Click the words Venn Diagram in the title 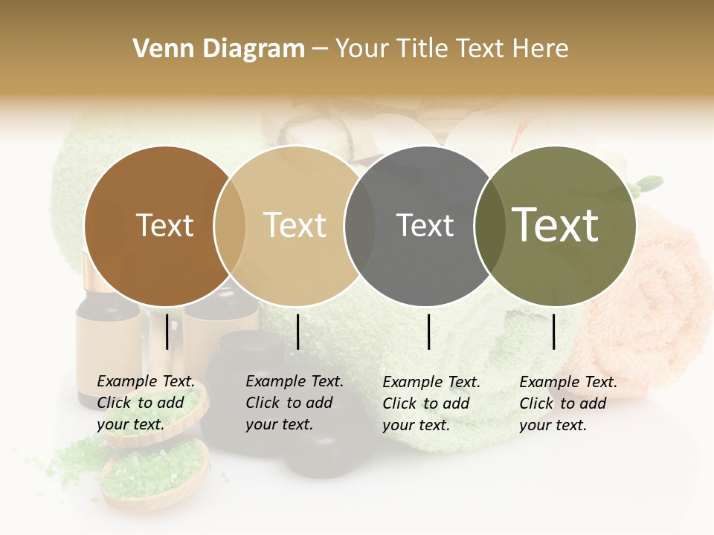click(219, 49)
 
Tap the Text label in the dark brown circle click(164, 225)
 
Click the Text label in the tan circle click(295, 225)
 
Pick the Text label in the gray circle click(425, 225)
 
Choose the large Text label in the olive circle click(555, 225)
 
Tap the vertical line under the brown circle click(167, 331)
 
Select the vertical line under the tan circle click(297, 331)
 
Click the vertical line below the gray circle click(429, 331)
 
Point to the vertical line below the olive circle click(554, 331)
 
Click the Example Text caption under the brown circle click(145, 403)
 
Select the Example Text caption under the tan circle click(294, 403)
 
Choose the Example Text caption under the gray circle click(431, 403)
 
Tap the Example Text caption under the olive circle click(567, 403)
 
